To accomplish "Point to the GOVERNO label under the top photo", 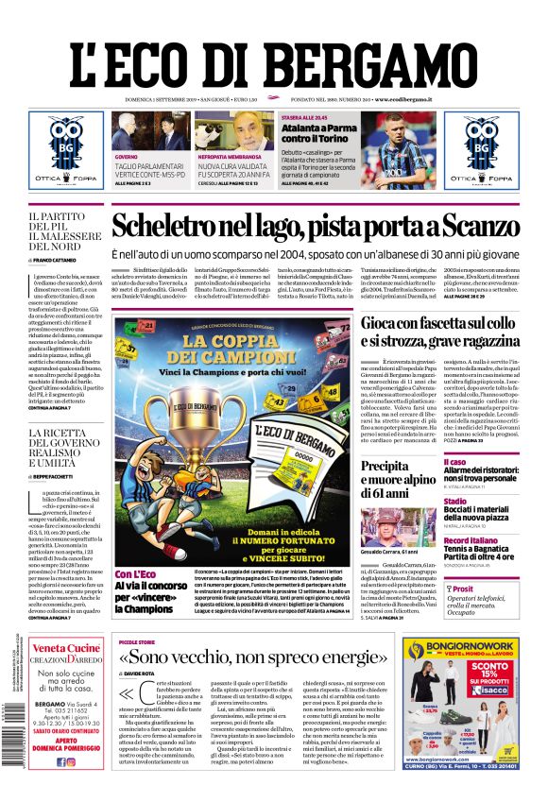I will tap(127, 156).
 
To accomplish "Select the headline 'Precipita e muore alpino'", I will tap(397, 478).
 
